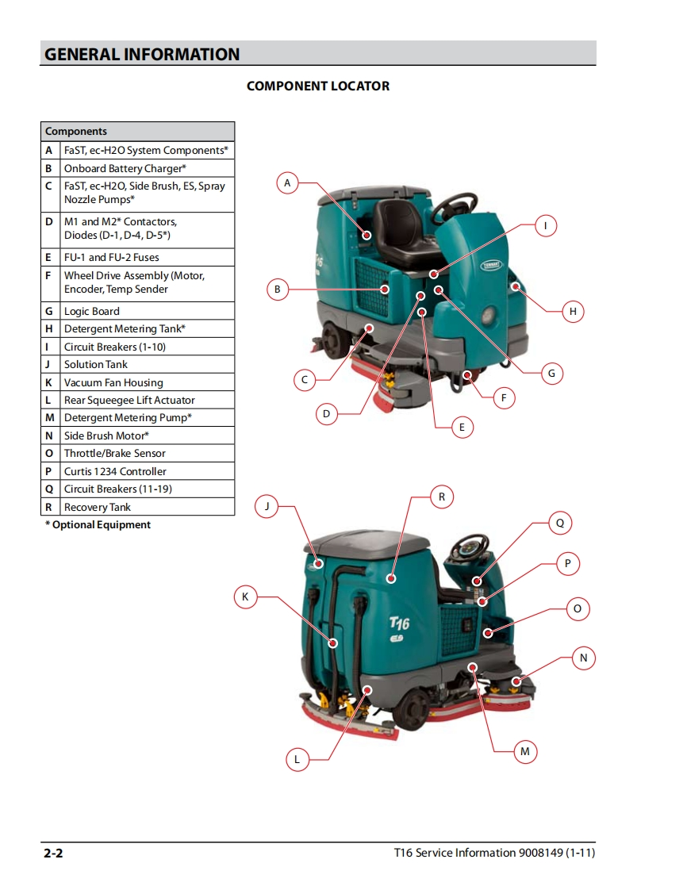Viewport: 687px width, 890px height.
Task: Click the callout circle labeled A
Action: click(x=287, y=182)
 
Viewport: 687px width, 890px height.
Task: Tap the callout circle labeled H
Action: click(x=573, y=312)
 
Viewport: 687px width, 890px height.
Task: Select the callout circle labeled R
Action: click(x=442, y=497)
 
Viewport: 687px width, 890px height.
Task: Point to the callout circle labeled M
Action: click(x=525, y=751)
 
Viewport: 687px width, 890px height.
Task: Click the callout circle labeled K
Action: click(x=245, y=597)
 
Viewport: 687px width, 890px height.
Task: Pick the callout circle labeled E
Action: click(x=462, y=427)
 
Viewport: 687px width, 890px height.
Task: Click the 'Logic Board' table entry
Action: click(x=92, y=311)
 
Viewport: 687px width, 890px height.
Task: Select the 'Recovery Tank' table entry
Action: click(x=97, y=507)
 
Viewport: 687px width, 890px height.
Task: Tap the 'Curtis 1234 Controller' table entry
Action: click(x=115, y=471)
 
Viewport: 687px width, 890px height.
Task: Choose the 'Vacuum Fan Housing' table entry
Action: click(x=113, y=382)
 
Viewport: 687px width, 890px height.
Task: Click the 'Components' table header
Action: click(x=76, y=131)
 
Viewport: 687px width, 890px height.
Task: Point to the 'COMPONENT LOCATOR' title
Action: click(x=318, y=86)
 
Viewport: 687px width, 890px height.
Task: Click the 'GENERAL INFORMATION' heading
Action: click(x=142, y=55)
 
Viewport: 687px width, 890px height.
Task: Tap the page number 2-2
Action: click(x=53, y=853)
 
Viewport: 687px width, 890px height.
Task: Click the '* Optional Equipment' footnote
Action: click(x=98, y=525)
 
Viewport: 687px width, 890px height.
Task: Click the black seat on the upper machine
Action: click(x=405, y=232)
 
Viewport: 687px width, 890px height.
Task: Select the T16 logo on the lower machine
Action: click(x=399, y=623)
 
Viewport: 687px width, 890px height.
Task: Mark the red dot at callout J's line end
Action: click(x=319, y=564)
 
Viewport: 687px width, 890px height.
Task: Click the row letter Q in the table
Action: click(x=49, y=489)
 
